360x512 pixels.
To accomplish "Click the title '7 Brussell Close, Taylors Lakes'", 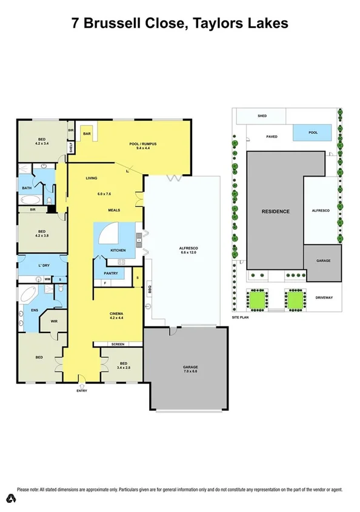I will click(x=179, y=24).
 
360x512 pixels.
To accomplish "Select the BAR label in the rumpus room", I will click(x=87, y=133).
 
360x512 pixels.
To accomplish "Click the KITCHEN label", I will click(x=118, y=251).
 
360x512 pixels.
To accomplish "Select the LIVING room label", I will click(x=92, y=178).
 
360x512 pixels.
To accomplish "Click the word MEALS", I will click(x=113, y=210).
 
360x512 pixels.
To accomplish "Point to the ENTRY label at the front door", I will click(x=81, y=391).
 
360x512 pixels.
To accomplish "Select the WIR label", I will click(x=54, y=322).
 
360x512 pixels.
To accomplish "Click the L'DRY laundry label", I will click(x=44, y=266).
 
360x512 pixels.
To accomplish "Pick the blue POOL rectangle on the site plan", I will click(x=313, y=132).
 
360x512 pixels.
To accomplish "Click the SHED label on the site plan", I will click(x=262, y=115).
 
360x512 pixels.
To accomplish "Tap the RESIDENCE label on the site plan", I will click(x=275, y=211).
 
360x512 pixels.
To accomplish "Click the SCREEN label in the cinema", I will click(x=118, y=345).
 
